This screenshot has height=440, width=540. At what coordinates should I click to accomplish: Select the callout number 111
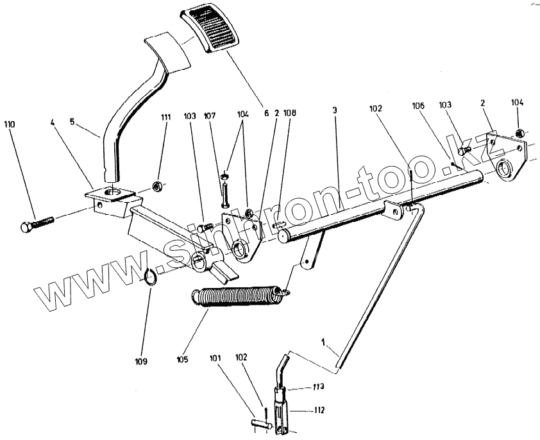pyautogui.click(x=165, y=119)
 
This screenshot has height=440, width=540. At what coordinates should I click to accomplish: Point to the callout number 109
pyautogui.click(x=142, y=361)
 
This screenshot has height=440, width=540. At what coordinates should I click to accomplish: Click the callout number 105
pyautogui.click(x=183, y=360)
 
